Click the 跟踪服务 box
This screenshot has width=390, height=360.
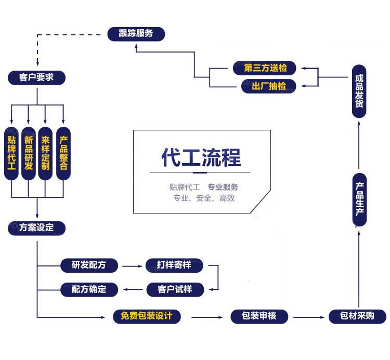point(136,34)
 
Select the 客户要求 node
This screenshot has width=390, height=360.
point(37,77)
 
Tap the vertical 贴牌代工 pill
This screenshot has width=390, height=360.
point(11,153)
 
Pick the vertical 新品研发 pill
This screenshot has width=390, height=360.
point(29,153)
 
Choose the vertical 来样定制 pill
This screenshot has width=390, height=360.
point(46,153)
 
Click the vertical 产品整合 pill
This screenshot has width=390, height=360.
point(63,153)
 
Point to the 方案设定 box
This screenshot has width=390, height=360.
point(37,228)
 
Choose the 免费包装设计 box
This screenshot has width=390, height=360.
point(147,316)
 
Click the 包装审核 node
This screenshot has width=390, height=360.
point(259,316)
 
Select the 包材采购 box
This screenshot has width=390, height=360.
point(358,316)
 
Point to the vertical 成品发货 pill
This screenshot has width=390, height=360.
point(359,91)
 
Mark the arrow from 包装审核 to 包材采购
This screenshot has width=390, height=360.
point(308,316)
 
